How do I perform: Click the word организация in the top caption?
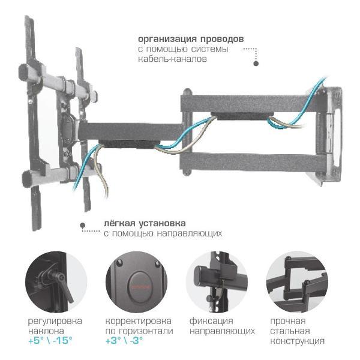click(x=168, y=39)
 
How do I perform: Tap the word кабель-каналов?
click(x=172, y=59)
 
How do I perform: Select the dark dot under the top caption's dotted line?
click(x=256, y=63)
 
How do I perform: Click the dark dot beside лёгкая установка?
click(x=83, y=225)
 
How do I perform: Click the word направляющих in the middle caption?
click(x=190, y=233)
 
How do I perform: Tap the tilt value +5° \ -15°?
click(x=50, y=340)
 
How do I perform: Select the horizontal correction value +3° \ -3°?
click(x=124, y=340)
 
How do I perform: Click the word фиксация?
click(x=211, y=321)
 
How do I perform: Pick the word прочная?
click(x=288, y=321)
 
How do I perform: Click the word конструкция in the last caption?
click(x=298, y=341)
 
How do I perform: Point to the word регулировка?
click(x=55, y=322)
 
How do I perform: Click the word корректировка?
click(x=139, y=322)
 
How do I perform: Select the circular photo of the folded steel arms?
click(x=298, y=282)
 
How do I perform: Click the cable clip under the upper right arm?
click(x=242, y=116)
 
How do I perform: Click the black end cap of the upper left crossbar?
click(x=23, y=72)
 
